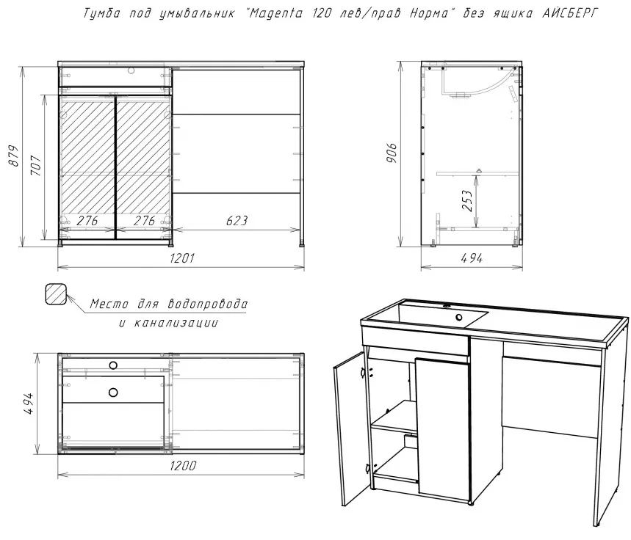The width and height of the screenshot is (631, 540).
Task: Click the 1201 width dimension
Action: (x=182, y=258)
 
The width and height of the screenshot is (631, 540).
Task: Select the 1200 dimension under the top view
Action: (x=183, y=466)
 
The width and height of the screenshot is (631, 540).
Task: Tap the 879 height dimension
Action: (x=14, y=156)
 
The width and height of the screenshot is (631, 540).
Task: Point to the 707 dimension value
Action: (x=36, y=165)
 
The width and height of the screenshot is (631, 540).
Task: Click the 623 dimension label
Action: (x=237, y=221)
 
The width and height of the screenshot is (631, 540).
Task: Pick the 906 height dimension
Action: (x=391, y=153)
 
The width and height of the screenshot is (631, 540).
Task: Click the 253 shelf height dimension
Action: (x=466, y=200)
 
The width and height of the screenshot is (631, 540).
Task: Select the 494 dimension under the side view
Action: (x=472, y=258)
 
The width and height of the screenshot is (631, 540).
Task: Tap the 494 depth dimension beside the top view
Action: (x=29, y=404)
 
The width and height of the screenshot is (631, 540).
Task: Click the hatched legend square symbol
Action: (x=55, y=294)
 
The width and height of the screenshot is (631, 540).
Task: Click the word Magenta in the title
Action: (x=275, y=13)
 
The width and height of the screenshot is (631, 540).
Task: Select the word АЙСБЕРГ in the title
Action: (x=570, y=13)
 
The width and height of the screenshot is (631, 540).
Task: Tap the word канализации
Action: (x=176, y=323)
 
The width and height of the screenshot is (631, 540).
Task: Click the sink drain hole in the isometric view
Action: (x=459, y=317)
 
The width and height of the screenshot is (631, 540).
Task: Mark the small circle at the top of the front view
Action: (x=131, y=70)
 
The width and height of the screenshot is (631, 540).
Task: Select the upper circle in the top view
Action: (x=113, y=365)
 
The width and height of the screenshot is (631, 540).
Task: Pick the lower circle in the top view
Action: (x=113, y=393)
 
